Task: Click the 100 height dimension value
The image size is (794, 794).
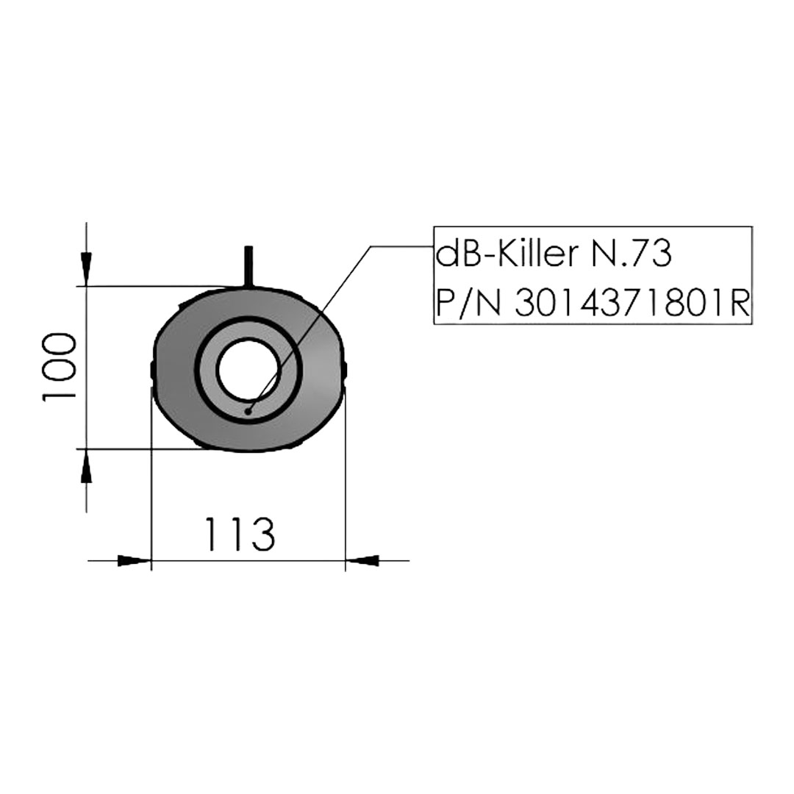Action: coord(59,367)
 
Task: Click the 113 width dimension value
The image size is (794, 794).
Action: coord(240,534)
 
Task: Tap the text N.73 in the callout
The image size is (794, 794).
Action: coord(631,254)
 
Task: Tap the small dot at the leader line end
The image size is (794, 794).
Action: coord(248,412)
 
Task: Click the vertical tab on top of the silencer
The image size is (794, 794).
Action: coord(248,265)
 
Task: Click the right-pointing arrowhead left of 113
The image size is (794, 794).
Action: coord(134,560)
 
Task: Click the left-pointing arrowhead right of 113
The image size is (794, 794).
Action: coord(362,560)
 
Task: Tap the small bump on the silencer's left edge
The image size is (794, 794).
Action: coord(153,370)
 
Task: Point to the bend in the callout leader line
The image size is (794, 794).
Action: coord(372,247)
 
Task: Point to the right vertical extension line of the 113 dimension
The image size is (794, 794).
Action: coord(345,478)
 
